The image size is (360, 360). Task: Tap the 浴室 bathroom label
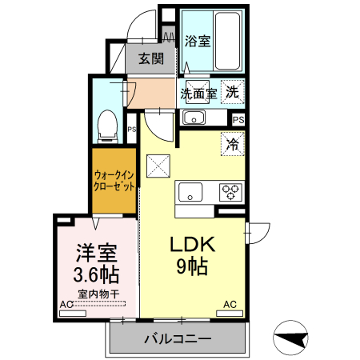198,40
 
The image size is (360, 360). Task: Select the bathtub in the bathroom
228,40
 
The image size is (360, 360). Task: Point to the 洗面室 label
198,93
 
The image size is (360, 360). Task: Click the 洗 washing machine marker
232,91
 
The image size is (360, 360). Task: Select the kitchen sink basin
190,192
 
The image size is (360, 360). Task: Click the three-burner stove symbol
231,192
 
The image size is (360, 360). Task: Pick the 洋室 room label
97,254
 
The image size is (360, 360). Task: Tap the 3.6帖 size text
96,276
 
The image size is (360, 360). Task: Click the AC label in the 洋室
67,305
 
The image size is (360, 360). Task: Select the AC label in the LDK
230,305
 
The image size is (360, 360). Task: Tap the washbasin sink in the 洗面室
194,118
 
